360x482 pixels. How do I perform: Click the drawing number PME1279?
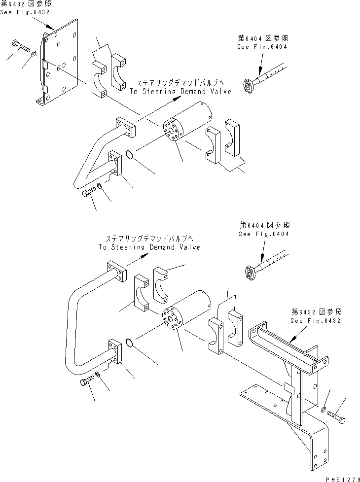coord(339,477)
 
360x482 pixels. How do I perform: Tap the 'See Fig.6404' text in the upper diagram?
coord(262,47)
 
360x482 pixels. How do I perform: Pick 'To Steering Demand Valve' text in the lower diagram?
coord(149,247)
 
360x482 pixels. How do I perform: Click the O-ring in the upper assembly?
coord(129,155)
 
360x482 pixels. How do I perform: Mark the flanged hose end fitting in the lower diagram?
coord(249,271)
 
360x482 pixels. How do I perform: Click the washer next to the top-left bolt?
coord(34,54)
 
